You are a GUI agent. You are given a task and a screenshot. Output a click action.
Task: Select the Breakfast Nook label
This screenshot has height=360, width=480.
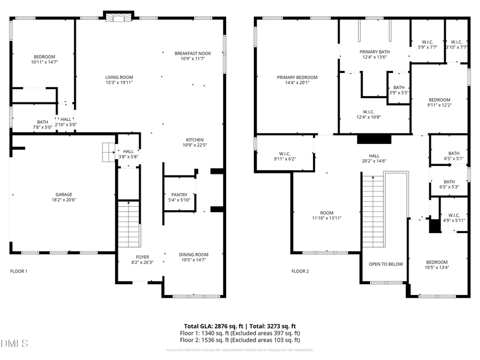coord(193,53)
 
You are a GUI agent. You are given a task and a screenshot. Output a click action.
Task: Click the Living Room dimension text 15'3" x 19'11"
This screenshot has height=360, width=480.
coord(118,83)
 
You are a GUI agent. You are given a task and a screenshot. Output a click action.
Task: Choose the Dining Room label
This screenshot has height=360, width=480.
coord(193,254)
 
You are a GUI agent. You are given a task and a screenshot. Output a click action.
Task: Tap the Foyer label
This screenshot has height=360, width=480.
coord(142,257)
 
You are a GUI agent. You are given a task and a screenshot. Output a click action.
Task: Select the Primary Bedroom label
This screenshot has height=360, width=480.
coord(297,77)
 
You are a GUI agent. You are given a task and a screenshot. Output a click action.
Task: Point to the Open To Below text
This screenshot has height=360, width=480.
coord(386,264)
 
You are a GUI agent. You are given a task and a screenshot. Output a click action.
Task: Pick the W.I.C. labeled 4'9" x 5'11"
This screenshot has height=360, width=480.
coord(454,215)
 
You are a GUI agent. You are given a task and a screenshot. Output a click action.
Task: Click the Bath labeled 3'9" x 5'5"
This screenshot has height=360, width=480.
coord(398,87)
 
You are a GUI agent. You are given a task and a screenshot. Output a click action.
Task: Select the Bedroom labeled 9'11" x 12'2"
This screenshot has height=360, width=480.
coord(439,100)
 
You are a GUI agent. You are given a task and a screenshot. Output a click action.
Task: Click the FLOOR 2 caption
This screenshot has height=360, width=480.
coord(300,271)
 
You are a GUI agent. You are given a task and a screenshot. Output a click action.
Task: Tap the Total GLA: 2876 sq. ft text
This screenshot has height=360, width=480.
coord(210,325)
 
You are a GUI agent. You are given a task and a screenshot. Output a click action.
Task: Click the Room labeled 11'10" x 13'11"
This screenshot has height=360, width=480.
coord(326,212)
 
